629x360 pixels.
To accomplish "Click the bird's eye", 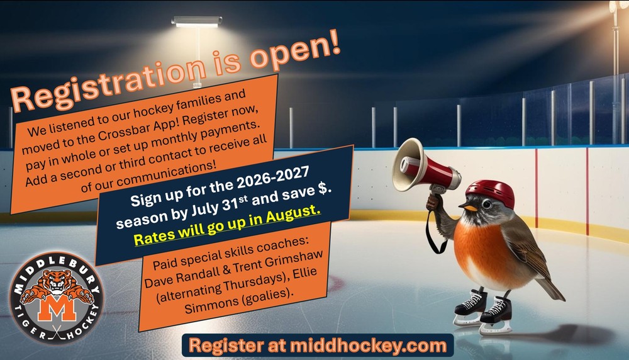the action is [487, 205].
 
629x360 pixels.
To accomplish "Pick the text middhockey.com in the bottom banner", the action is [368, 346].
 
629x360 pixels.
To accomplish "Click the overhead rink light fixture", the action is [197, 21].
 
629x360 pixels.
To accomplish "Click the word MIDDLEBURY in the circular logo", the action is [57, 273].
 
